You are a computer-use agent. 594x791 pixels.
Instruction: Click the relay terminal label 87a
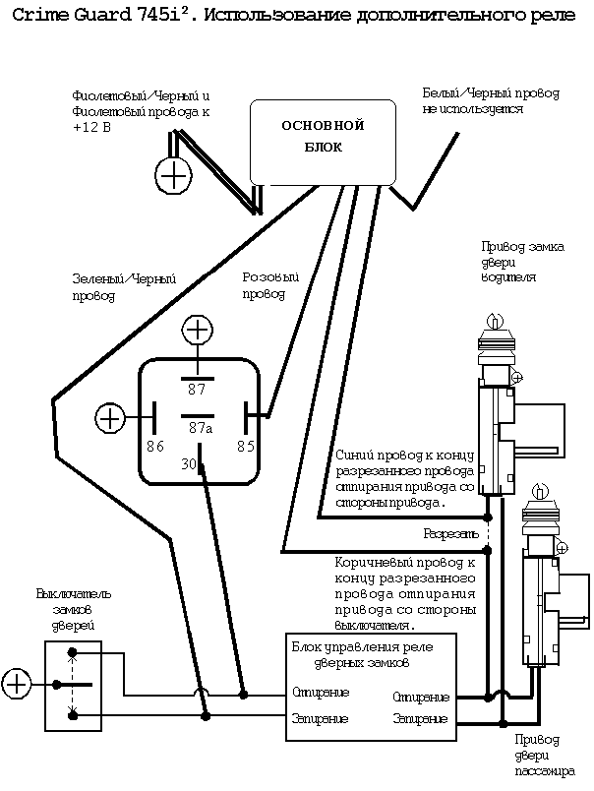[200, 428]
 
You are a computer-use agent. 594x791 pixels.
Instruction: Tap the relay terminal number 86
[154, 446]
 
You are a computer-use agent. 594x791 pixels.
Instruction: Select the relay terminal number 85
[246, 446]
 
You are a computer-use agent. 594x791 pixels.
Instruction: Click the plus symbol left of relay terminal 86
[110, 417]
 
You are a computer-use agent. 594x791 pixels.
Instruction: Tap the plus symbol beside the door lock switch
[17, 682]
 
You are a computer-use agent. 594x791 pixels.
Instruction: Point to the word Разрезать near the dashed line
[450, 533]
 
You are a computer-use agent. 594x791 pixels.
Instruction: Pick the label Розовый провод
[270, 285]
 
